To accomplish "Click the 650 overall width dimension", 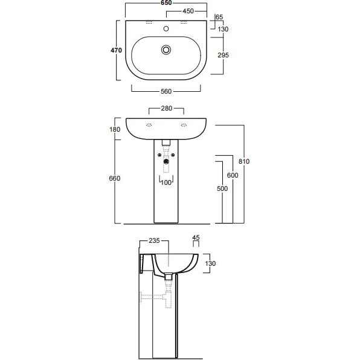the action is (166, 3).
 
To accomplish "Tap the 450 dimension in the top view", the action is (188, 11).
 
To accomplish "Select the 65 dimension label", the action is (219, 18).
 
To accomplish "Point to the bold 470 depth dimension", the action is (116, 50).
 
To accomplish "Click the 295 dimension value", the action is (223, 55).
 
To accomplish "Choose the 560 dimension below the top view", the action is (166, 91).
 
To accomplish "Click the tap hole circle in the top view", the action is (166, 29).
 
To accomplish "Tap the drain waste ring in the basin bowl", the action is (166, 50).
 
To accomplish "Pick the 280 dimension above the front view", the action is (167, 108).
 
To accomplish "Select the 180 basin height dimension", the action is (115, 129).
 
